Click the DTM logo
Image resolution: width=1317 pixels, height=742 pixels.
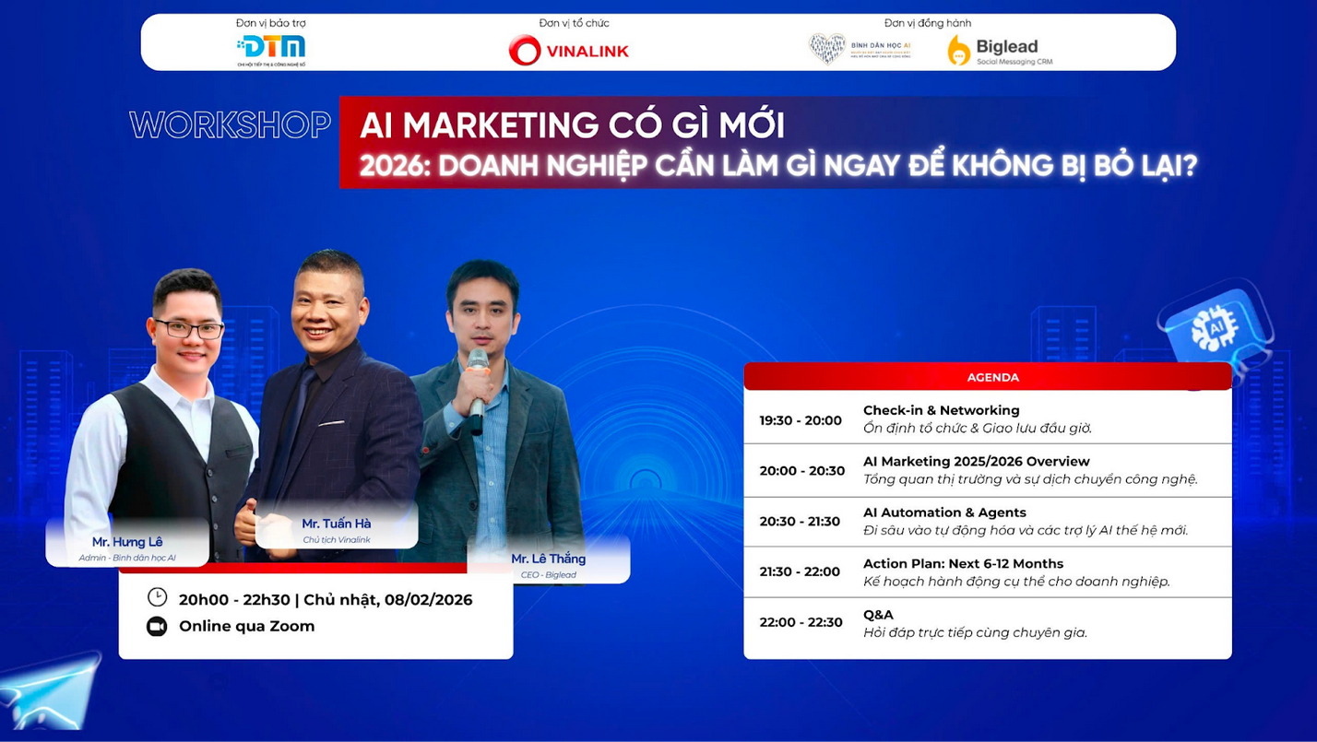click(x=271, y=47)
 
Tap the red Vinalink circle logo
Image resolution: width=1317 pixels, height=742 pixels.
click(x=525, y=50)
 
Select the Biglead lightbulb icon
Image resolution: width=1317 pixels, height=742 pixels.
click(x=959, y=50)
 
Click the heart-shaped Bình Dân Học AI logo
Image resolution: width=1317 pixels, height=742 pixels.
click(x=827, y=48)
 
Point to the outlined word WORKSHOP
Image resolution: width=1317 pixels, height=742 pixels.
click(x=230, y=125)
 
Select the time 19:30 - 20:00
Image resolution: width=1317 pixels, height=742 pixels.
click(x=801, y=420)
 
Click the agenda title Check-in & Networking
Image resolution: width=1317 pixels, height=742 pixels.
click(x=941, y=410)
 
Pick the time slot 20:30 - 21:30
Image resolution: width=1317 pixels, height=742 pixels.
click(x=800, y=522)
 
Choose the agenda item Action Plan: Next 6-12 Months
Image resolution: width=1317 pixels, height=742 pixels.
click(x=963, y=563)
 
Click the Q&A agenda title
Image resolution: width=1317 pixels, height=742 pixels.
click(x=878, y=615)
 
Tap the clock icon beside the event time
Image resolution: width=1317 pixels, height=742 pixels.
click(x=157, y=597)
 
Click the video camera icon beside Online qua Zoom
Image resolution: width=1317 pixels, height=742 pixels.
click(x=157, y=627)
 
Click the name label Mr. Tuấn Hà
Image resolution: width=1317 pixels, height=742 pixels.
click(x=337, y=524)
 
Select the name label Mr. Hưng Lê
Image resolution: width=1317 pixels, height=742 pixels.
click(x=127, y=542)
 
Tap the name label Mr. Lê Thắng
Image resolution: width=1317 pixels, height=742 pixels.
click(x=549, y=559)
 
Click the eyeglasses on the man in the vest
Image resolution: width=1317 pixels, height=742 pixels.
click(x=189, y=328)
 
